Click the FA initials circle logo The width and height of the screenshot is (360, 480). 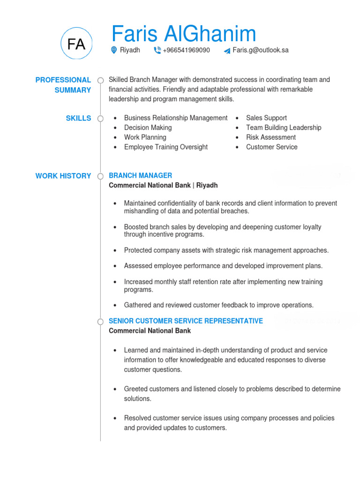click(76, 44)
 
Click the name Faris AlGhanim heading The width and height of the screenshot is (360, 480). click(184, 34)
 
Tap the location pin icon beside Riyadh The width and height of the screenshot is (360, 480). click(114, 50)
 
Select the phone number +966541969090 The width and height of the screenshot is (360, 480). click(186, 50)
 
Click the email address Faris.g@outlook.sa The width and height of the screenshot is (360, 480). click(260, 50)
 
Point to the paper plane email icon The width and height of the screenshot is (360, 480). click(227, 51)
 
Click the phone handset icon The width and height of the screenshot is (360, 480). click(157, 50)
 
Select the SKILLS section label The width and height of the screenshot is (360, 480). click(78, 118)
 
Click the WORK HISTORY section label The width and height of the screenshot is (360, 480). click(63, 176)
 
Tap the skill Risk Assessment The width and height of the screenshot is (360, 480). click(271, 137)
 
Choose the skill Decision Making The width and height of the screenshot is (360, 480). click(148, 127)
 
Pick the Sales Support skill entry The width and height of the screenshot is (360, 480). click(266, 118)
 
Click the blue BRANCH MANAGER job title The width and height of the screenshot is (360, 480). click(140, 175)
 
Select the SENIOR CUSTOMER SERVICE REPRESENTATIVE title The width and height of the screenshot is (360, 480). click(186, 321)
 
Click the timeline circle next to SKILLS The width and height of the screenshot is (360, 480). click(100, 119)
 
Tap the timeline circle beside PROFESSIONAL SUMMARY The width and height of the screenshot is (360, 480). click(100, 80)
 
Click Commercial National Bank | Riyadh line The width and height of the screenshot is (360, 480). click(163, 185)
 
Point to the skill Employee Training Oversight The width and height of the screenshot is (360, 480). click(165, 147)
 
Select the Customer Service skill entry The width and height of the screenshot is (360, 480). click(271, 147)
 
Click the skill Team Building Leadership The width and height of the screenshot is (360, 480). click(284, 127)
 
